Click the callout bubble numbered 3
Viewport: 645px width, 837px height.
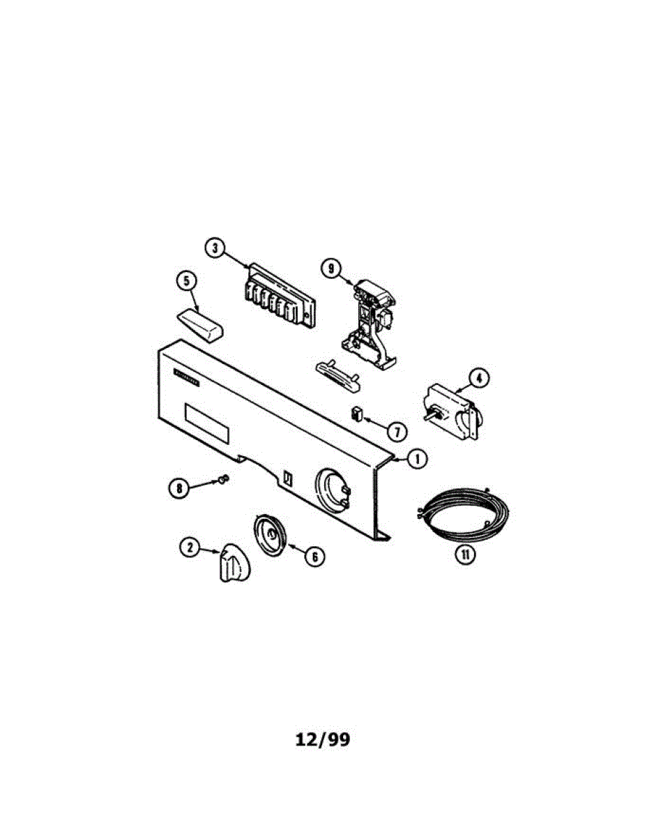[x=216, y=248]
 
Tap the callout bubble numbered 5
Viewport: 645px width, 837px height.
[x=186, y=282]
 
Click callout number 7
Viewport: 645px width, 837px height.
[x=397, y=432]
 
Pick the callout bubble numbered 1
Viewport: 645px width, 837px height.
[x=416, y=459]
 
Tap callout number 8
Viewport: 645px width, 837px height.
[x=179, y=488]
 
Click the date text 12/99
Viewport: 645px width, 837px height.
[x=322, y=739]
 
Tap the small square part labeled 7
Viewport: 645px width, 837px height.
[x=357, y=413]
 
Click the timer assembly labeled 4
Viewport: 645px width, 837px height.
[x=452, y=412]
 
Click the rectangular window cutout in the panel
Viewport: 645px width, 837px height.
[x=206, y=423]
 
